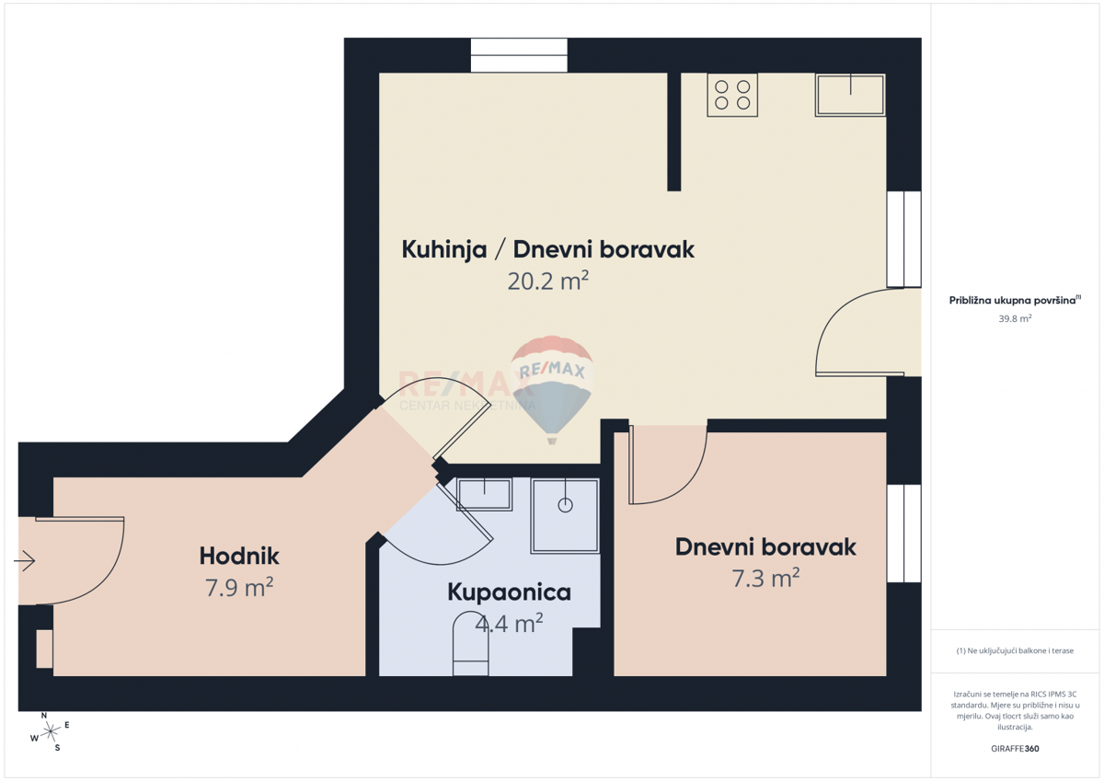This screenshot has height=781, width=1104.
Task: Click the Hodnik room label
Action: tap(239, 556)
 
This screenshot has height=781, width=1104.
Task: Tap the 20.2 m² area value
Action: tap(547, 281)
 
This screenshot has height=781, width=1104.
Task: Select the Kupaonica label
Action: tap(509, 592)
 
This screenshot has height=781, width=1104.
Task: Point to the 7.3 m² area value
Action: tap(765, 578)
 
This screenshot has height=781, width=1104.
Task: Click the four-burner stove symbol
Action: tap(732, 95)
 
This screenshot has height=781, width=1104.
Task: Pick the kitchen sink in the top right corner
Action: tap(849, 95)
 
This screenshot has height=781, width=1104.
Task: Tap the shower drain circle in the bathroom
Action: tap(565, 505)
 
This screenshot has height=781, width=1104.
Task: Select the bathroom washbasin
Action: tap(485, 495)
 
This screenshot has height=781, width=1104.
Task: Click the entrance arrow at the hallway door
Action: tap(25, 559)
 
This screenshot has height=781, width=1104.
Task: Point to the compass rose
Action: tap(52, 730)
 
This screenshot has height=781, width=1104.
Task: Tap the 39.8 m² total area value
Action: tap(1015, 318)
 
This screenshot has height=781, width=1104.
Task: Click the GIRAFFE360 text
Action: tap(1015, 748)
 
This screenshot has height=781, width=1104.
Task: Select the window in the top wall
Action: tap(519, 55)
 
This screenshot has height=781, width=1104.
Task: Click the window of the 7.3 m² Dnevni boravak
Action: tap(903, 534)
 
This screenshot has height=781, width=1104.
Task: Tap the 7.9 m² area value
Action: tap(239, 587)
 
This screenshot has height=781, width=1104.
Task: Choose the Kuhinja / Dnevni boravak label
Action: tap(547, 249)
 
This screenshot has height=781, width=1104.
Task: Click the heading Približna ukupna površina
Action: tap(1013, 300)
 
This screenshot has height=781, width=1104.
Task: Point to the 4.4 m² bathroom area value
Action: tap(509, 624)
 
